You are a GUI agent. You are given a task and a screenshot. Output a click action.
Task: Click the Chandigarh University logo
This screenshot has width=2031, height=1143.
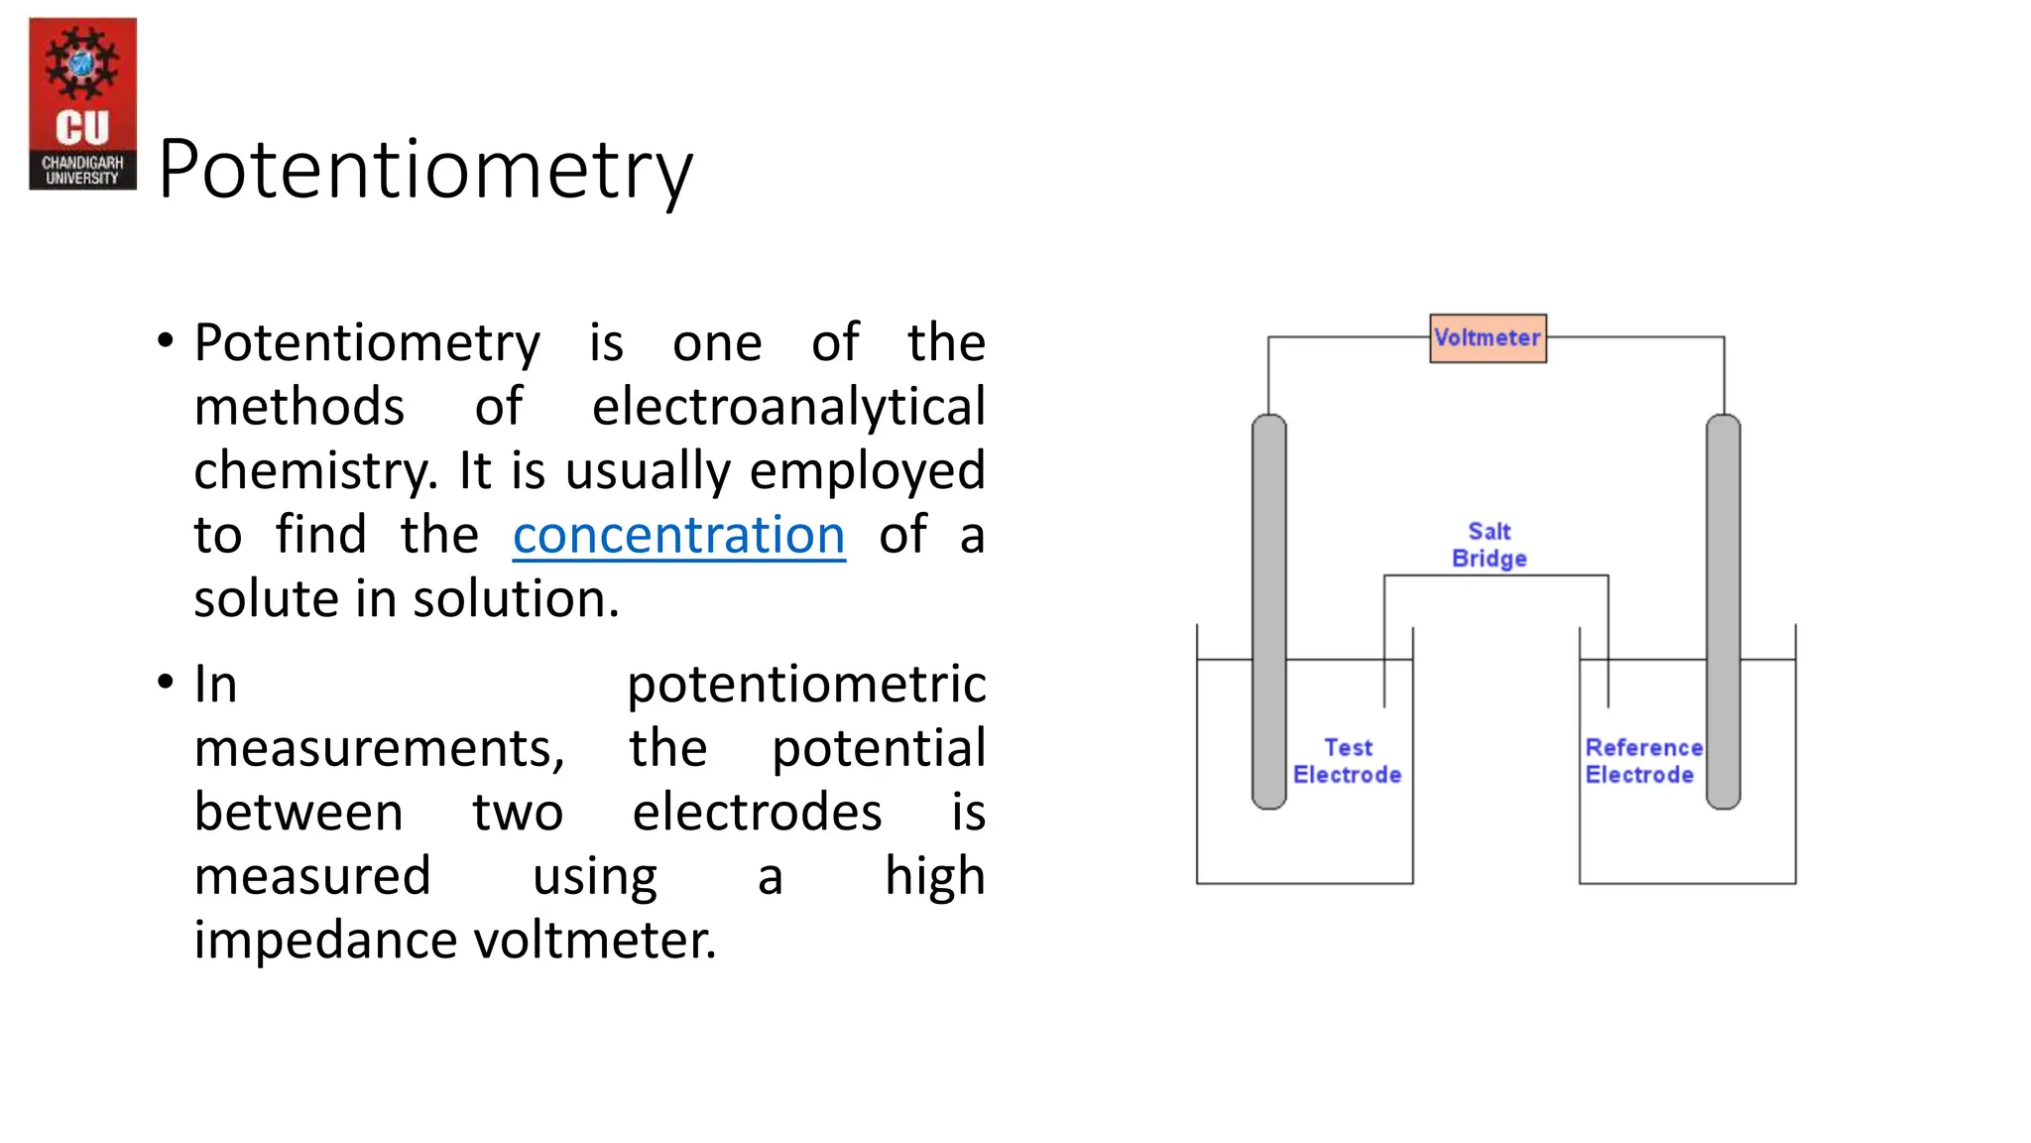click(82, 103)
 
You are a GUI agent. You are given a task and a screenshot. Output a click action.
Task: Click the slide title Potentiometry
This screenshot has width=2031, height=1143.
click(424, 169)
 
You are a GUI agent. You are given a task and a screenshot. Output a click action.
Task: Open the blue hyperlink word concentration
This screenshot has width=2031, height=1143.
click(678, 536)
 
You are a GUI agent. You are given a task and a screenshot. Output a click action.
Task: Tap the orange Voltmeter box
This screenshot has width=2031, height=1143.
click(1488, 338)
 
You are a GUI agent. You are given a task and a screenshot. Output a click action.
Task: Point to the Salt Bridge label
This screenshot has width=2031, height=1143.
click(1489, 545)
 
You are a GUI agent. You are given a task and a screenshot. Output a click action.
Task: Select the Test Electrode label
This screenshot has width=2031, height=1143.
click(1347, 761)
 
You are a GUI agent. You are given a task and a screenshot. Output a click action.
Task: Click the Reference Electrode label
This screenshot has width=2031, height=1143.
click(1642, 761)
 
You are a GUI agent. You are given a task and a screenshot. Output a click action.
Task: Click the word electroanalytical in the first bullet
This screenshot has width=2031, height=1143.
click(788, 408)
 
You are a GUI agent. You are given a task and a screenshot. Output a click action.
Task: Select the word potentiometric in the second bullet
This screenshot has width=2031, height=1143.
click(806, 685)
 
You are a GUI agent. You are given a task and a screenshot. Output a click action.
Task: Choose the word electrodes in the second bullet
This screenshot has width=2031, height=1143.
click(757, 813)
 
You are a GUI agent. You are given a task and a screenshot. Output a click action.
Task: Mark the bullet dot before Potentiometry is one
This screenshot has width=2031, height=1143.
click(166, 342)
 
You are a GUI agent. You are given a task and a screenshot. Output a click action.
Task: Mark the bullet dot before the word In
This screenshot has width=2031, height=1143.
click(166, 684)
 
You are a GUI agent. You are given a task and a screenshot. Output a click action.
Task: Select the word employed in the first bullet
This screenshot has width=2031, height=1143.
click(867, 471)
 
